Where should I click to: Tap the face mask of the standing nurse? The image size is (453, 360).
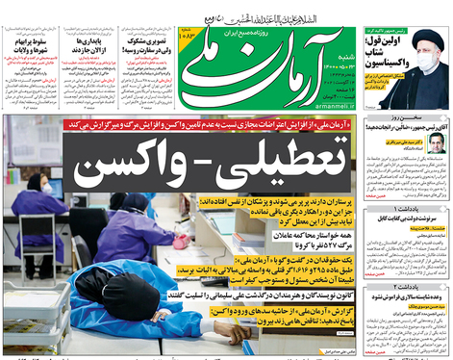pyautogui.click(x=46, y=189)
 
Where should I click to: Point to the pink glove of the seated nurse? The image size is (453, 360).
pyautogui.click(x=180, y=243)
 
